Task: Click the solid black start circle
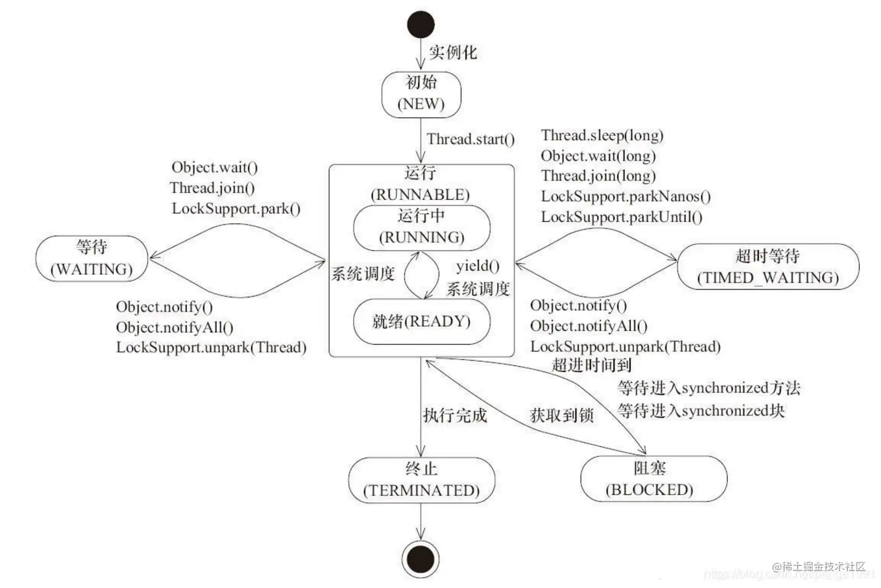421,24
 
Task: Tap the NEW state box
421,94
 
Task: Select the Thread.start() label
471,139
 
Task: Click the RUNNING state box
421,227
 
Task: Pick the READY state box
421,322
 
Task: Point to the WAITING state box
91,258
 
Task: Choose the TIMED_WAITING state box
768,267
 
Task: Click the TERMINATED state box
421,480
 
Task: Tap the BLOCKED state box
653,479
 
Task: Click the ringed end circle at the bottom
420,559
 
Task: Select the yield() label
478,266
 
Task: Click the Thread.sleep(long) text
602,135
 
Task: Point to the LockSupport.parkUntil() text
621,217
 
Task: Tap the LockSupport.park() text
236,208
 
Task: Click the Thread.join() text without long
212,188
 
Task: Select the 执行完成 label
454,416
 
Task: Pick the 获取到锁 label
561,416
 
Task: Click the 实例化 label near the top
453,52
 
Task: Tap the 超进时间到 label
591,365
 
